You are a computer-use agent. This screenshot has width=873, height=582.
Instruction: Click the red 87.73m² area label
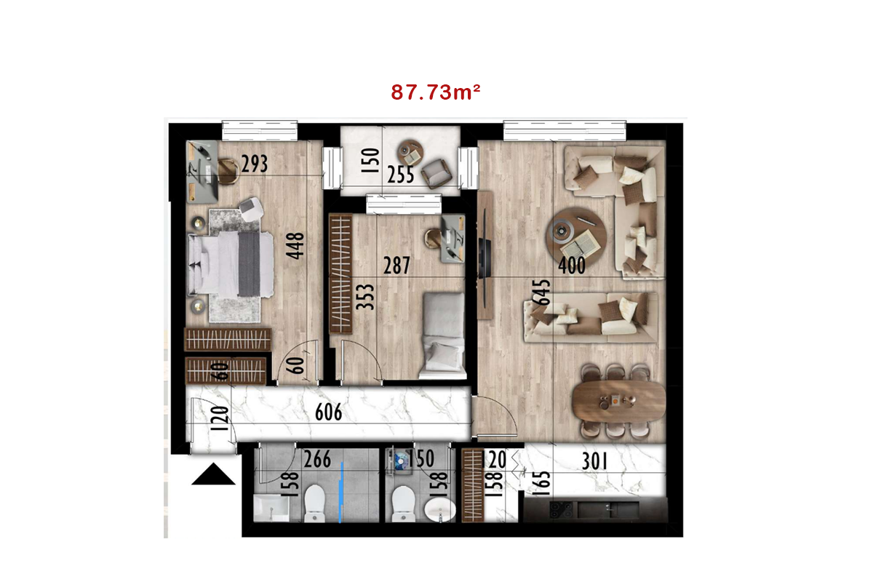coord(435,92)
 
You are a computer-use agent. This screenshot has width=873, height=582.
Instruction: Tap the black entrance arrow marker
coord(213,474)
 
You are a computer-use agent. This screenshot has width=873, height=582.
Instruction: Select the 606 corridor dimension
coord(329,412)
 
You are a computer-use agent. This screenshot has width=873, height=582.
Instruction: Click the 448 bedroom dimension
coord(295,246)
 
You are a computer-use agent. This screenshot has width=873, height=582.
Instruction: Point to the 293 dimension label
coord(255,164)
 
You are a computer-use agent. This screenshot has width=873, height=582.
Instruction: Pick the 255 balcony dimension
coord(401,175)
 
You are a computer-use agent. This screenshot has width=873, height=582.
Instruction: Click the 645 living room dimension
coord(542,292)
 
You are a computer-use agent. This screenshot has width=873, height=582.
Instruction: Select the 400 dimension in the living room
coord(572,266)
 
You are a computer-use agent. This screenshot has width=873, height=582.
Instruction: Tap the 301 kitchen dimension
coord(595,461)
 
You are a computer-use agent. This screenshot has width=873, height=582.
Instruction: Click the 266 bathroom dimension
coord(317,459)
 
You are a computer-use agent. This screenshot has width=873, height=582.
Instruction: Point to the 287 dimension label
coord(396,266)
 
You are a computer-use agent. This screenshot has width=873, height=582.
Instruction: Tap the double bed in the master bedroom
coord(231,264)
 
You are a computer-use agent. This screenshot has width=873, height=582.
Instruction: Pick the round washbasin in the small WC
coord(439,509)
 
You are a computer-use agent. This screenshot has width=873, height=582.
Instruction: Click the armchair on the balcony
coord(436,173)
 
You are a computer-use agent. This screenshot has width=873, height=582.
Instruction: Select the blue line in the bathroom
coord(341,493)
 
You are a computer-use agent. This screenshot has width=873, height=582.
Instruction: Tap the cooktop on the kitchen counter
coord(561,510)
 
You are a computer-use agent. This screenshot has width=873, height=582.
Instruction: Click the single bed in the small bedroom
coord(444,336)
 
